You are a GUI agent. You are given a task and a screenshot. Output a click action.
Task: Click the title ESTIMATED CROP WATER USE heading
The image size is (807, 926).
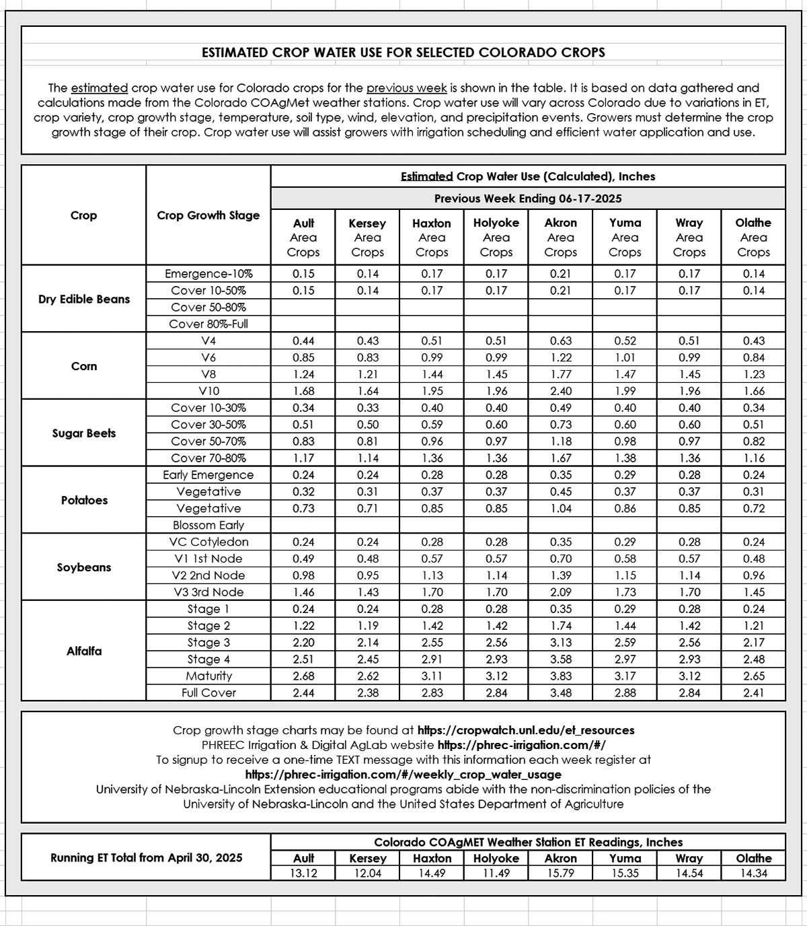pos(403,52)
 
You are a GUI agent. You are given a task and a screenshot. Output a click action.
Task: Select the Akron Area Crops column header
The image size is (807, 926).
pos(560,237)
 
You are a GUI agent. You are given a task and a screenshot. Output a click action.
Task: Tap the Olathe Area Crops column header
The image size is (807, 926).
pos(753,237)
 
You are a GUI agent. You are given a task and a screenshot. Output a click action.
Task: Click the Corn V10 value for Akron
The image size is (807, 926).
pos(560,391)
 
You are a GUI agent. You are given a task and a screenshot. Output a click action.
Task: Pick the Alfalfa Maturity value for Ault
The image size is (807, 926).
pos(303,676)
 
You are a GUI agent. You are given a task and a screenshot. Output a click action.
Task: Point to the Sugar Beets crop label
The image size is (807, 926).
pos(84,433)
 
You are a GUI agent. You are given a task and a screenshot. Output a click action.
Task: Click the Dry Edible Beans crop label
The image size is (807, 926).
pos(84,299)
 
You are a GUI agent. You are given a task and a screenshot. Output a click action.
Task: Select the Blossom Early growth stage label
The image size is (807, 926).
pos(208,526)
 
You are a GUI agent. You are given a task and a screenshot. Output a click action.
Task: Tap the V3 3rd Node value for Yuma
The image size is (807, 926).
pos(625,592)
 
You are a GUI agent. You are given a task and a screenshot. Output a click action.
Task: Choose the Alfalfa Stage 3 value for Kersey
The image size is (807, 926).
pos(367,643)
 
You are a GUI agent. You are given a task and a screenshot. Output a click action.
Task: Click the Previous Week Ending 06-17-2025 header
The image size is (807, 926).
pos(528,199)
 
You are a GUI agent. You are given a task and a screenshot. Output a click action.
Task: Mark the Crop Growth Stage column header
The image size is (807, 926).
pos(208,215)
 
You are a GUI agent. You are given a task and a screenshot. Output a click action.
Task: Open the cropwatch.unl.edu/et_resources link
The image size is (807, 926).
pos(526,730)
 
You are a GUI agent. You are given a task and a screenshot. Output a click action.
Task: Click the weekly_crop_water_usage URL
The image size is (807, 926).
pos(403,775)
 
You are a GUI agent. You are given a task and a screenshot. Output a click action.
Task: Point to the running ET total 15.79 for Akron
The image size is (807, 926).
pos(560,874)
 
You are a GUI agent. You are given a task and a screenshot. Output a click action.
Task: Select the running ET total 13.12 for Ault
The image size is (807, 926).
pos(303,874)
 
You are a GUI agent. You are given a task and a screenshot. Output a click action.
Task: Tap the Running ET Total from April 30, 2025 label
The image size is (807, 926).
pos(147,858)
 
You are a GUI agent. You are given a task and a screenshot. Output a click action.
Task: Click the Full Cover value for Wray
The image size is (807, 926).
pos(689,693)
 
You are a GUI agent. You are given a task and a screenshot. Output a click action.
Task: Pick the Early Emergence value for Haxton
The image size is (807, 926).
pos(432,475)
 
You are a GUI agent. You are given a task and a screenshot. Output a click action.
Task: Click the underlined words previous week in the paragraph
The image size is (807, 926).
pos(406,88)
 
